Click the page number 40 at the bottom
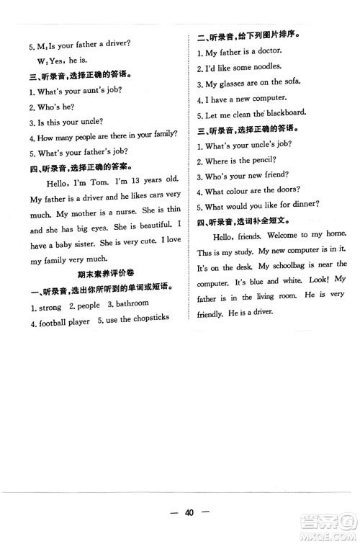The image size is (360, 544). (189, 513)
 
